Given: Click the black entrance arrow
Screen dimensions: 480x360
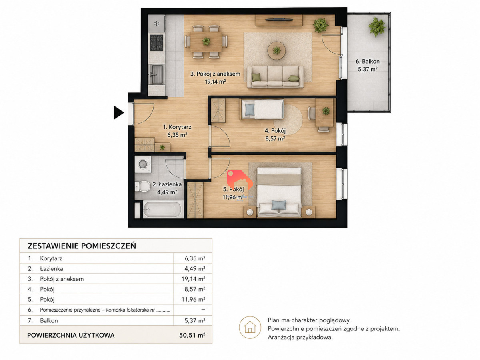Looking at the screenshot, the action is [x=119, y=112].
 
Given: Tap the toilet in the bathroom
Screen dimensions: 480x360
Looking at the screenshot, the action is [x=142, y=186].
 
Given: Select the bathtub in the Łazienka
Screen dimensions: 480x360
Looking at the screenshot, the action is [x=163, y=209].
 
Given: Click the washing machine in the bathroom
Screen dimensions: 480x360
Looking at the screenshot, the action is [x=143, y=164].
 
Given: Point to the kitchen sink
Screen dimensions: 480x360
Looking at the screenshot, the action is [x=156, y=74].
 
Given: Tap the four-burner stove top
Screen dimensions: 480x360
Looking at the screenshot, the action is [x=156, y=43].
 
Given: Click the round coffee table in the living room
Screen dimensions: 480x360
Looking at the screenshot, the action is [x=277, y=50].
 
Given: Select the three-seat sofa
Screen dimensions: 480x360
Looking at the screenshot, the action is [x=275, y=77].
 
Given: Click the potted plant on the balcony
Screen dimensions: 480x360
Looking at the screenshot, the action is [x=377, y=27].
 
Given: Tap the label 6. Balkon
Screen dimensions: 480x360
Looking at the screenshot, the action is [x=368, y=62].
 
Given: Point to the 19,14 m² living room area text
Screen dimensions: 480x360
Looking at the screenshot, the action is [x=215, y=82].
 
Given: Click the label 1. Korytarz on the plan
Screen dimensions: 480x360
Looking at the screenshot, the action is [x=177, y=127].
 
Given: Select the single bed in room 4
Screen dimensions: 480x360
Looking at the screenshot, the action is [x=262, y=109].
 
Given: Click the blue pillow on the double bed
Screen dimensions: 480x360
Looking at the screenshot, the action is [x=279, y=206].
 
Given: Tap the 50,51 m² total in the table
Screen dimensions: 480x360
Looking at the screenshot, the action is [x=192, y=335].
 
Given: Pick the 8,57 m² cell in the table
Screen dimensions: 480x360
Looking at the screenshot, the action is [x=195, y=289].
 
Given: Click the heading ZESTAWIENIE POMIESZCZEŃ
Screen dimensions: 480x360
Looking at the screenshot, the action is [x=82, y=246].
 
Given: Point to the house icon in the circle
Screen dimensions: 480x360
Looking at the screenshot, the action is [x=250, y=327].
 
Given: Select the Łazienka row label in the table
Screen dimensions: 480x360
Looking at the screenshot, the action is [x=52, y=269].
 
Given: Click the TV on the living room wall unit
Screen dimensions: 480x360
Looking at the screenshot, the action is [x=279, y=20].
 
